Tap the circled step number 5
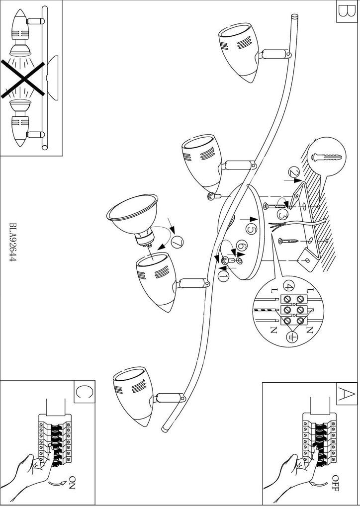pos(251,230)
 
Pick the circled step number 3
pos(283,215)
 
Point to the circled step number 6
pos(241,246)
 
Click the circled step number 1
pos(223,273)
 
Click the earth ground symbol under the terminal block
pos(293,337)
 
